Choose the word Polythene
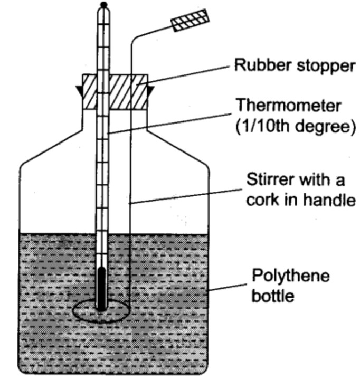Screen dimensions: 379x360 [290, 276]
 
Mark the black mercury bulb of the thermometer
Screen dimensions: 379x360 [102, 288]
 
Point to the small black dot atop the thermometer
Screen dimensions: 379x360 [104, 5]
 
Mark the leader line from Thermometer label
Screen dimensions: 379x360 [169, 121]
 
